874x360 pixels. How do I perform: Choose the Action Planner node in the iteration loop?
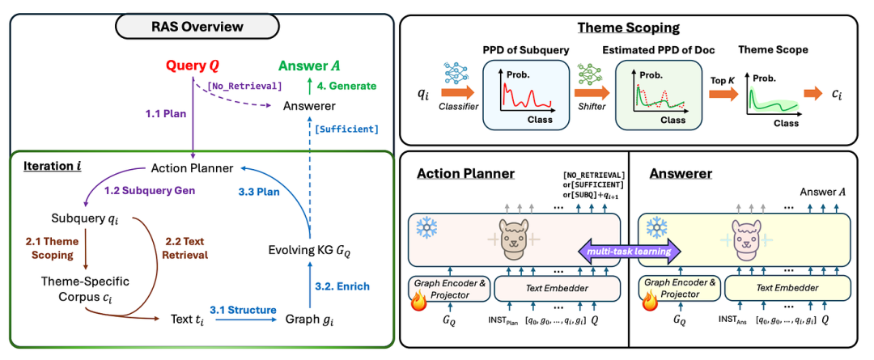[x=193, y=168]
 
